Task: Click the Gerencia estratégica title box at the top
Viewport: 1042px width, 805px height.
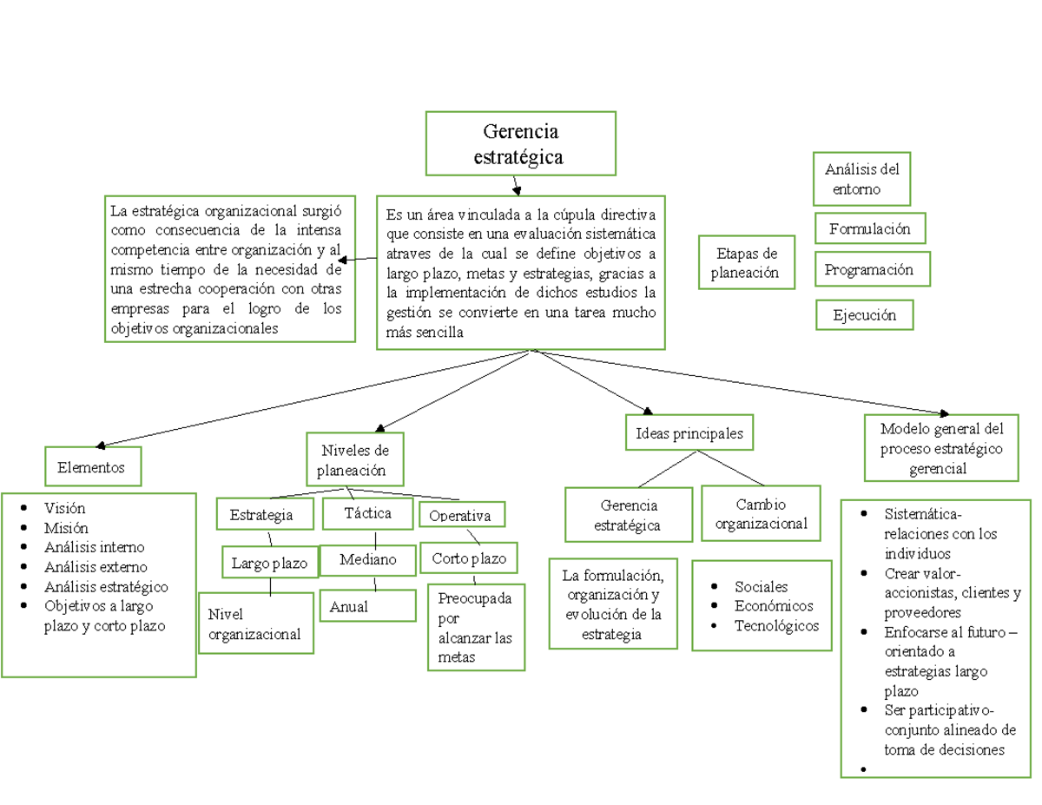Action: [x=520, y=143]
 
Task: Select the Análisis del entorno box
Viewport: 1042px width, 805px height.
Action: [x=861, y=178]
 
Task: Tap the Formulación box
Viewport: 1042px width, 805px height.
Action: [x=869, y=228]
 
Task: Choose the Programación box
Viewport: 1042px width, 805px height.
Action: [x=872, y=269]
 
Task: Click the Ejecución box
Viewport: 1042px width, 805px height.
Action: [x=864, y=315]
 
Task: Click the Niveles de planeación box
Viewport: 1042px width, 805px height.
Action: [x=355, y=459]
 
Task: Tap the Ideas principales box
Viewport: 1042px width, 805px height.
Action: [x=689, y=432]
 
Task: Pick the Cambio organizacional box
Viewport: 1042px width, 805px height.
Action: [x=761, y=513]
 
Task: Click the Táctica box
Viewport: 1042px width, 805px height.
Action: [x=366, y=512]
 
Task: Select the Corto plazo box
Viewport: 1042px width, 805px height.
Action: [x=469, y=558]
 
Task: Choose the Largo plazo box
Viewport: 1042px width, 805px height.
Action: [x=268, y=563]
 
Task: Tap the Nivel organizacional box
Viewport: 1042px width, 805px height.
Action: [x=254, y=624]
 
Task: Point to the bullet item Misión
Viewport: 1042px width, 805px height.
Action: [x=65, y=527]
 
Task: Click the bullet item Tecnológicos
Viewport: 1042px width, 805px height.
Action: [x=776, y=625]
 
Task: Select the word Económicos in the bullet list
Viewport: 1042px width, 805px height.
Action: [x=774, y=606]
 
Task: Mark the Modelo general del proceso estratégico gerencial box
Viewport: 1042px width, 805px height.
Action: [x=941, y=448]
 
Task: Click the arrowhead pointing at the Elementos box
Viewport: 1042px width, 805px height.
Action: [x=100, y=445]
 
